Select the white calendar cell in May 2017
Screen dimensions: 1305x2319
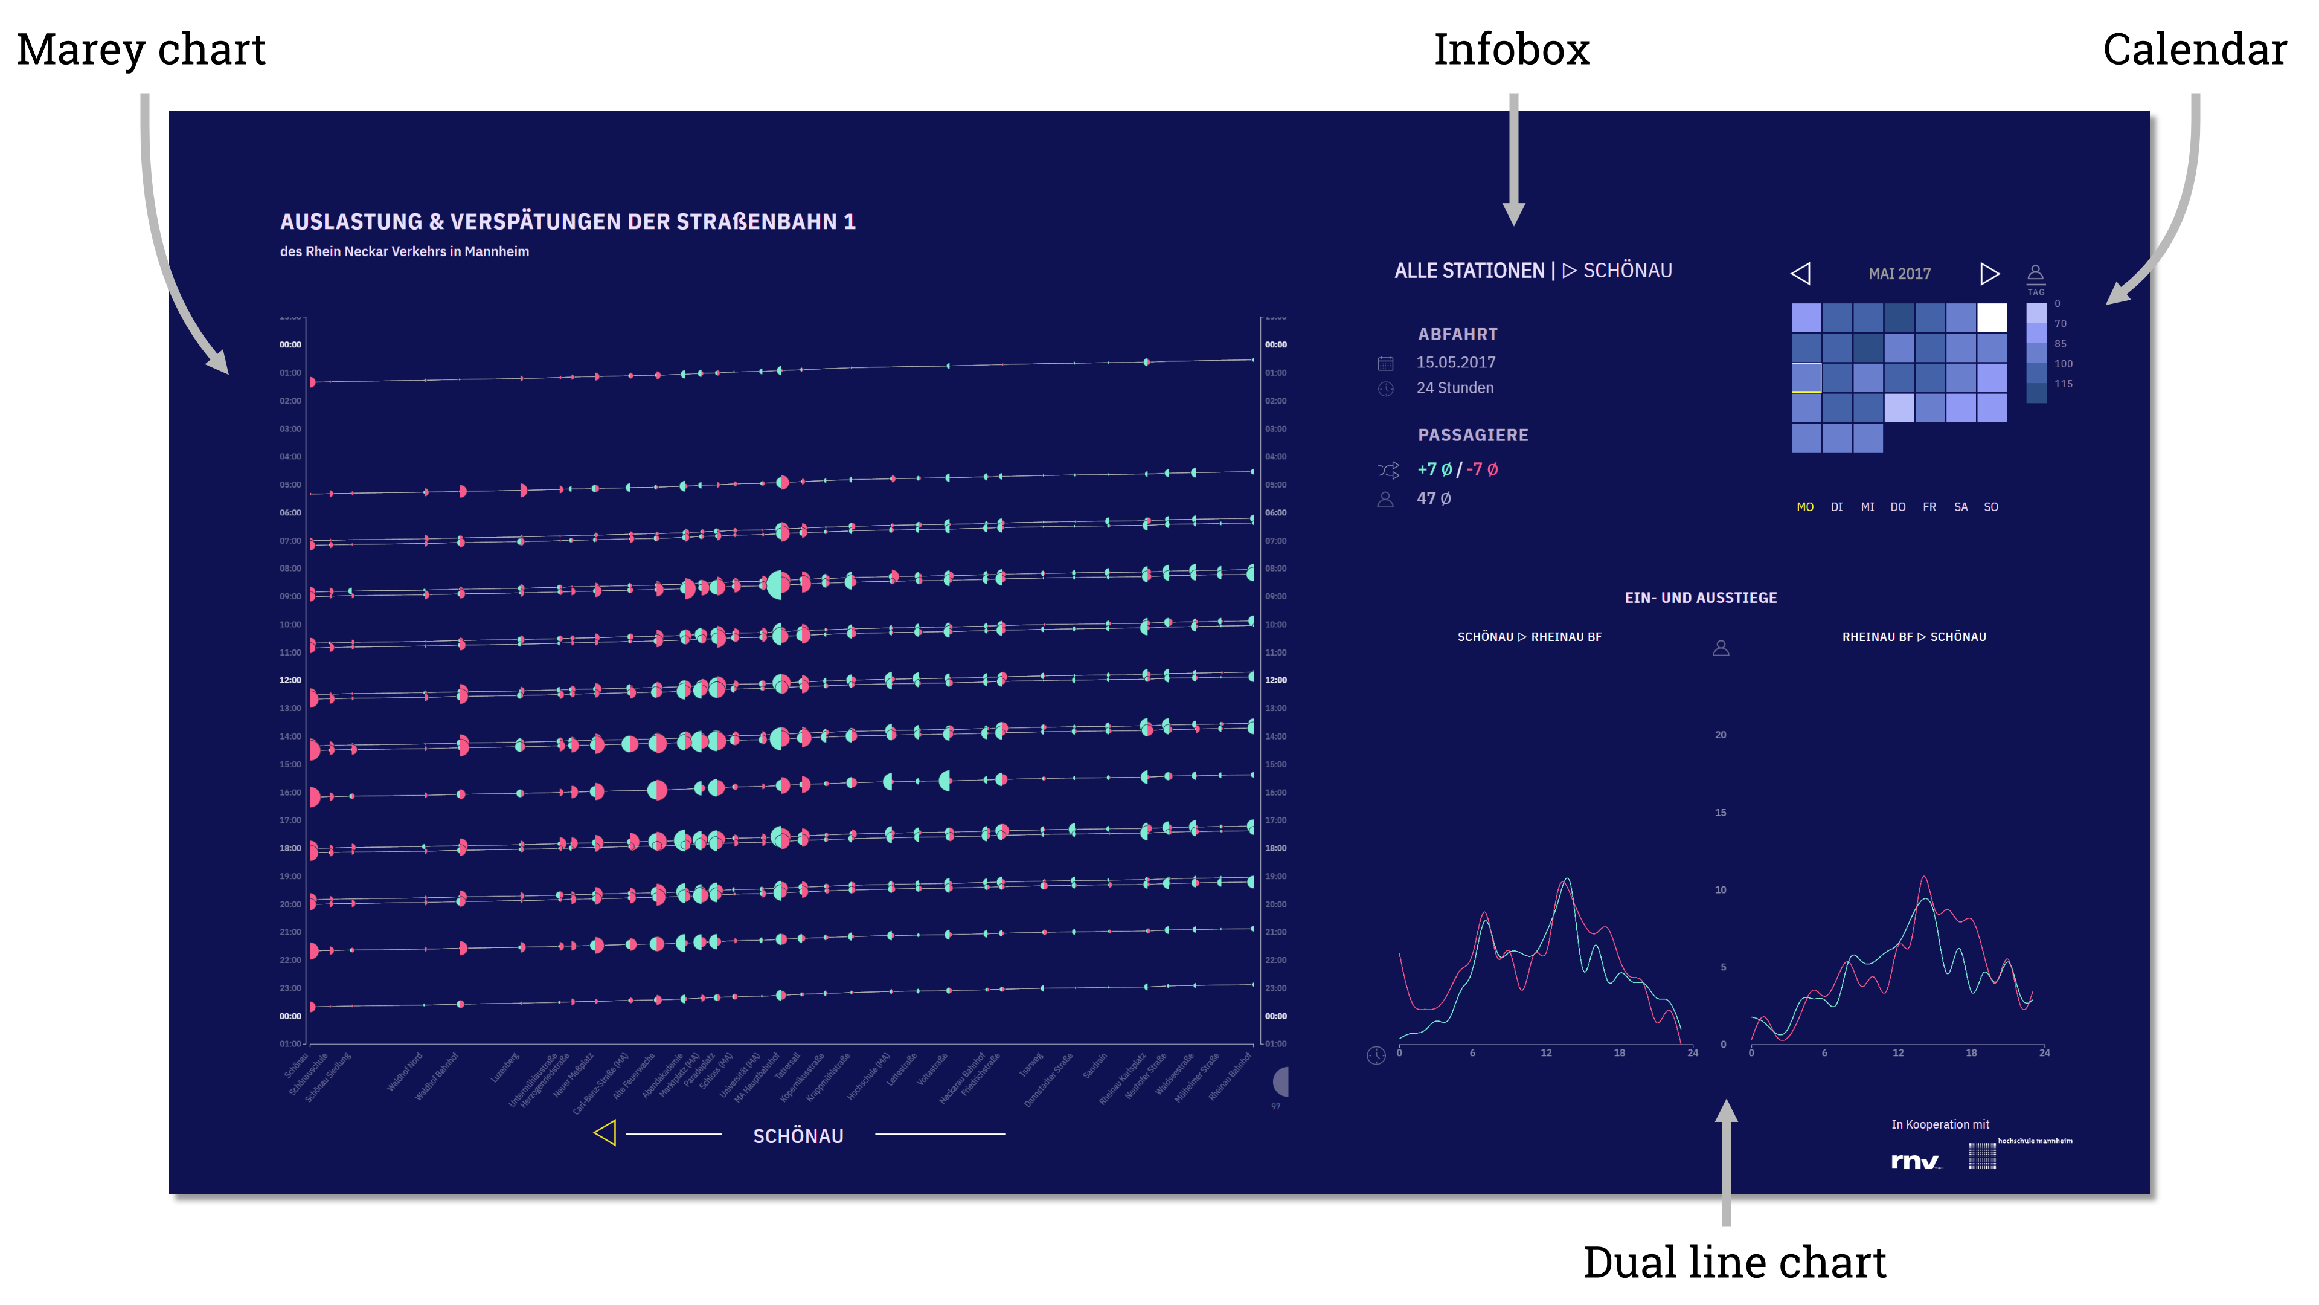(x=1991, y=317)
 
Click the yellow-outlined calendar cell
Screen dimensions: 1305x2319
(x=1806, y=378)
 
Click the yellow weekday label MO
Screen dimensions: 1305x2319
(x=1805, y=507)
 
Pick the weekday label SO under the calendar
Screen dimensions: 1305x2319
(x=1990, y=507)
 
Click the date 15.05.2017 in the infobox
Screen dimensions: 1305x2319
(x=1455, y=362)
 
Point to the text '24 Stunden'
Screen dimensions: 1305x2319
(x=1455, y=388)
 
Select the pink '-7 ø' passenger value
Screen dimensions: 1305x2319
(x=1483, y=469)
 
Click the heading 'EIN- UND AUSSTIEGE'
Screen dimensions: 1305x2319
(x=1701, y=598)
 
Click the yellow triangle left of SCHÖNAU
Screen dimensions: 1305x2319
(x=605, y=1133)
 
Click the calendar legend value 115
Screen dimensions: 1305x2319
(x=2064, y=384)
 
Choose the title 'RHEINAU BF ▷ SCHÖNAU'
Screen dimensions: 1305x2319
(x=1914, y=637)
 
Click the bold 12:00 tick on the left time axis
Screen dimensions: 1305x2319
(x=290, y=680)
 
